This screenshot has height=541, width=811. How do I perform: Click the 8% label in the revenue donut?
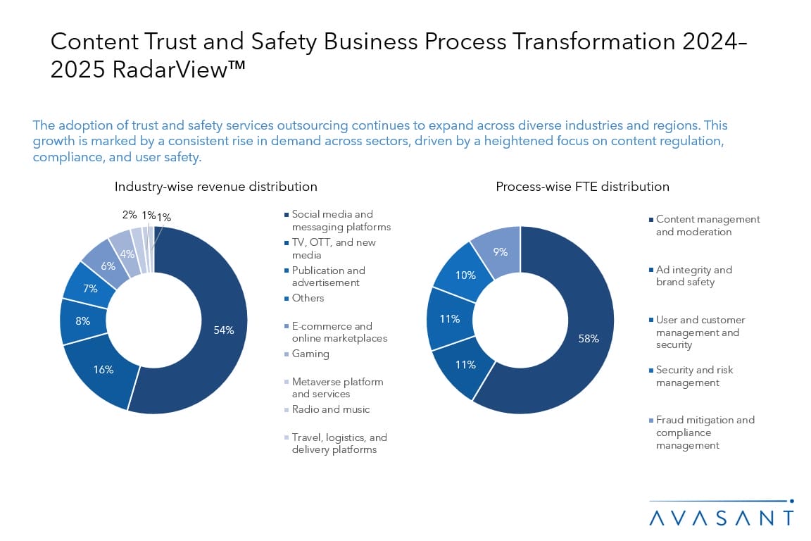point(82,321)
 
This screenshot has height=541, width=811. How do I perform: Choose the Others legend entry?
point(308,298)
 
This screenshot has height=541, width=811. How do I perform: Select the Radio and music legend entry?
point(330,409)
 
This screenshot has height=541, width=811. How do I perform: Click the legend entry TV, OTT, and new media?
point(334,249)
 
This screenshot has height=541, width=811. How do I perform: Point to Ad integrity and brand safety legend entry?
point(693,275)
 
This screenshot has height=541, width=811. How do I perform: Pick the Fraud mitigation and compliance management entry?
point(704,433)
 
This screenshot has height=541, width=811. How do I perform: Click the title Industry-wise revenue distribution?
point(216,187)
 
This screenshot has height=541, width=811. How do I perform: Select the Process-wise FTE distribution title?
point(582,187)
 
